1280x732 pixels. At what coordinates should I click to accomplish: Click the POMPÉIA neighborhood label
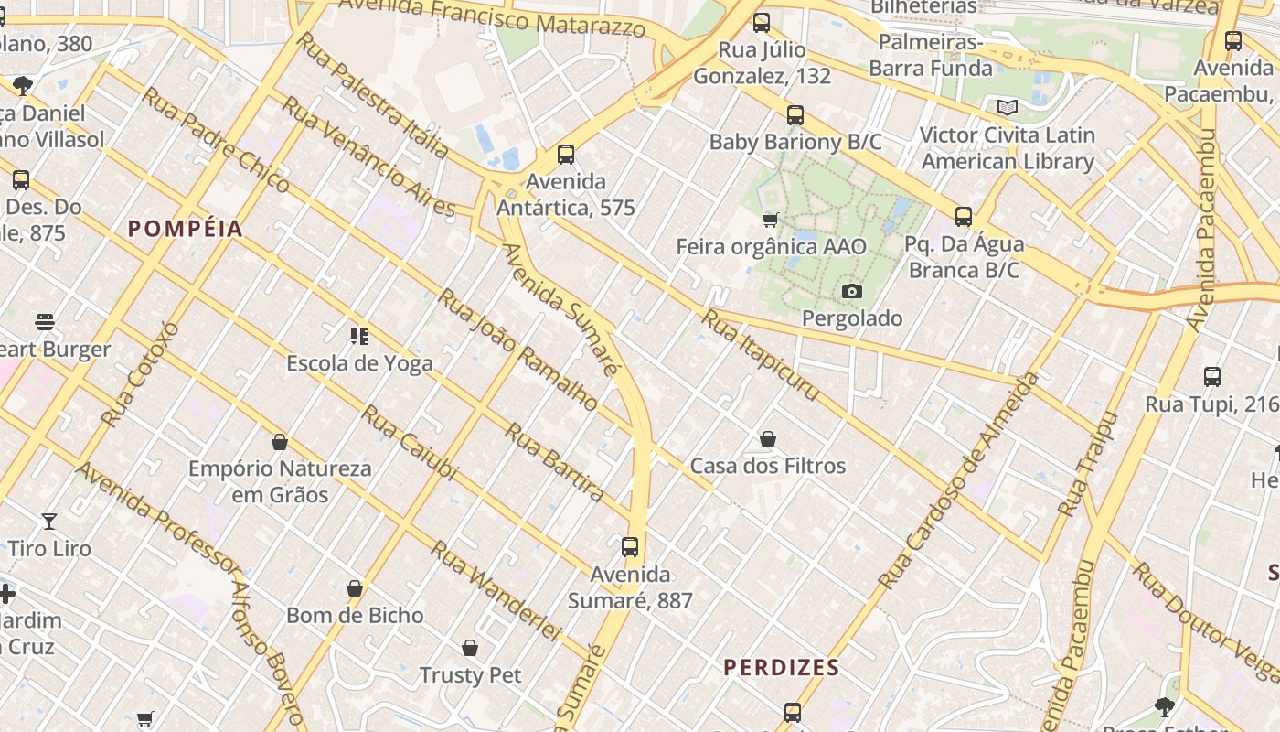(186, 229)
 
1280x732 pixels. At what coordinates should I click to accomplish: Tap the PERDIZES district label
(782, 668)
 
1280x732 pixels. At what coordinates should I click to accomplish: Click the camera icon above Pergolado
(851, 291)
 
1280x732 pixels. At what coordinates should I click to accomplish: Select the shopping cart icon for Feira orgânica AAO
(771, 220)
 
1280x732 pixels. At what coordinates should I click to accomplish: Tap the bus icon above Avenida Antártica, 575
(566, 154)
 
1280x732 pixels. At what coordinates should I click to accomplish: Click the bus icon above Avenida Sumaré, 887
(629, 547)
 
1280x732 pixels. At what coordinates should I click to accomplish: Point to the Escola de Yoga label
(359, 363)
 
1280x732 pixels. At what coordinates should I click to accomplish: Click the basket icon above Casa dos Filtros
(768, 439)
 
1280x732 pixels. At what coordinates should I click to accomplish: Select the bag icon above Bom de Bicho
(355, 588)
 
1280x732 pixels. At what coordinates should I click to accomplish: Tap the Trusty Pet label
(470, 675)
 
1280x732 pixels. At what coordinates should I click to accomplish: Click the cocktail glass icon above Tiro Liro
(49, 522)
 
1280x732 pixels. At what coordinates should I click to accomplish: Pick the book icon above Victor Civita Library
(1008, 108)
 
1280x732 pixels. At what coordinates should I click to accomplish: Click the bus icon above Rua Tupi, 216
(1211, 376)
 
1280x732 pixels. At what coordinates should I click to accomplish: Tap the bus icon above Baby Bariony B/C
(795, 114)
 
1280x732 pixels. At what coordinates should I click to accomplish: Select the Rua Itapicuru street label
(760, 355)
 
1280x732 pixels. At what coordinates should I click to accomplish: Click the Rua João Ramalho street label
(517, 350)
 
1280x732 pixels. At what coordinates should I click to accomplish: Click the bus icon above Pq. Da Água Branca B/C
(963, 217)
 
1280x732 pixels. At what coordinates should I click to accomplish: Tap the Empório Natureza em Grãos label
(280, 481)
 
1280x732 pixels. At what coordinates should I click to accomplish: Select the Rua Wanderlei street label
(495, 590)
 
